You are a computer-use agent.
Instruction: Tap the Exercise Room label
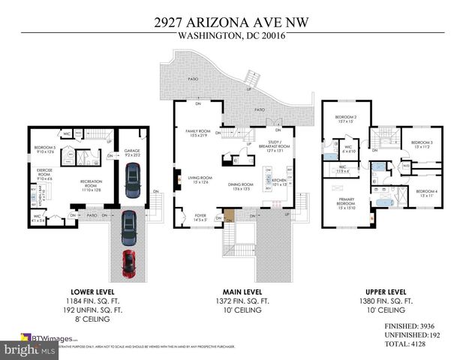(x=45, y=173)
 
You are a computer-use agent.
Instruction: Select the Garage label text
(x=132, y=152)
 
